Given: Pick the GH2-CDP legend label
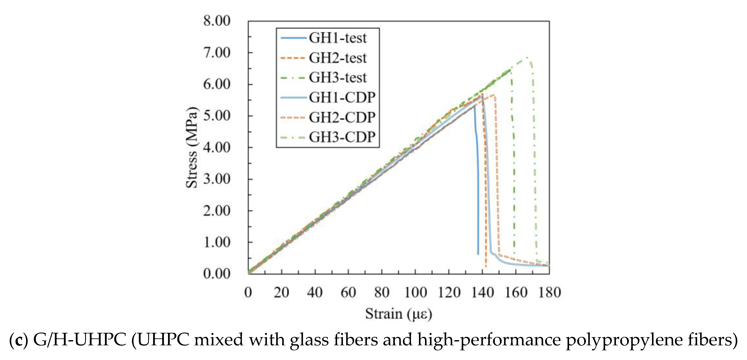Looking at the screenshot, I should pyautogui.click(x=342, y=117).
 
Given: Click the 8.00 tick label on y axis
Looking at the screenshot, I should pyautogui.click(x=217, y=21).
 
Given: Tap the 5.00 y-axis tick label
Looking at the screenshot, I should pyautogui.click(x=217, y=116).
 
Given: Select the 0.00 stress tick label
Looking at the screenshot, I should pyautogui.click(x=217, y=274).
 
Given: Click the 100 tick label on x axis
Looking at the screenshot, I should pyautogui.click(x=415, y=292).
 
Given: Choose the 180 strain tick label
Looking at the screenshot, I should pyautogui.click(x=549, y=292).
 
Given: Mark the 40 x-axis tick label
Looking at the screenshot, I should pyautogui.click(x=315, y=292).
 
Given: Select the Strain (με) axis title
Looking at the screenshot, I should pyautogui.click(x=398, y=314).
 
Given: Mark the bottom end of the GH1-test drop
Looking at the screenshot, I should pyautogui.click(x=478, y=254).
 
